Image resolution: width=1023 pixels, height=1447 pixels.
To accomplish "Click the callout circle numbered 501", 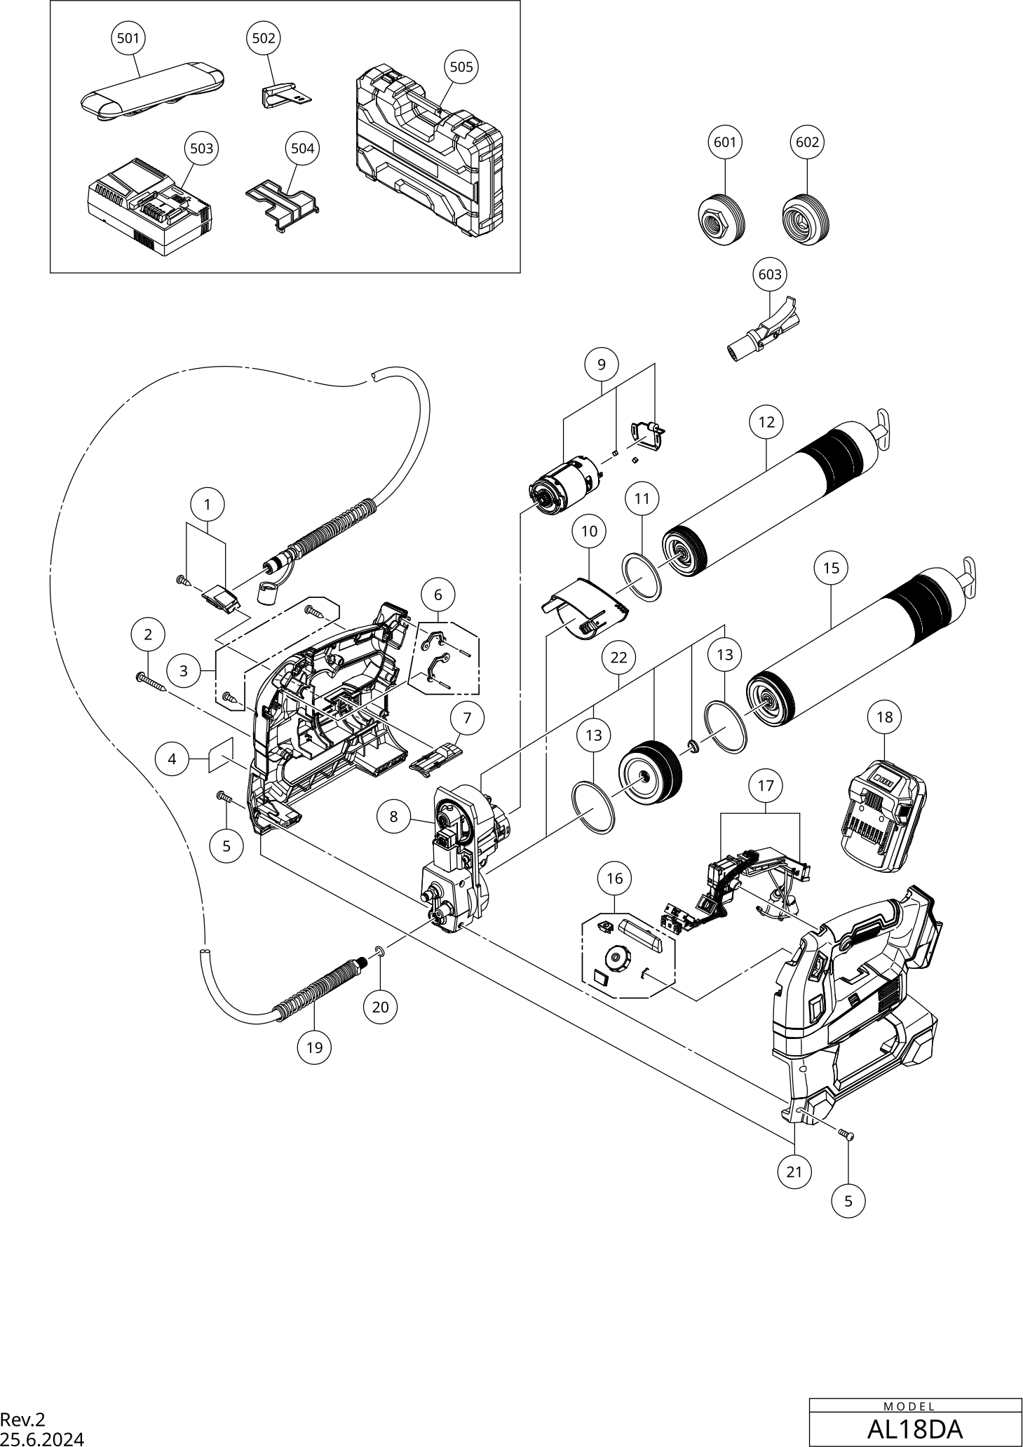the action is tap(128, 39).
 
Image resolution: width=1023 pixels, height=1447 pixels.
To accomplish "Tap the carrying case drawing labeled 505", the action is tap(429, 150).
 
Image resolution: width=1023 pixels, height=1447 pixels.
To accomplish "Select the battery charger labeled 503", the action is tap(149, 208).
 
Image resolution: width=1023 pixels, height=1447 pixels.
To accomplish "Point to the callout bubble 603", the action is tap(770, 274).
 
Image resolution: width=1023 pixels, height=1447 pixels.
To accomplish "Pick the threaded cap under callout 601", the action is tap(721, 218).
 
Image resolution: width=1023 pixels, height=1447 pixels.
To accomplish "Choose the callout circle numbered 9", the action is tap(602, 365).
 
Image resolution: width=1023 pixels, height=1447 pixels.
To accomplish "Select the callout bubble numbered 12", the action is tap(766, 421).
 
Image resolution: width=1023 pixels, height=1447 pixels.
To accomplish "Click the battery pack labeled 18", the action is tap(883, 815).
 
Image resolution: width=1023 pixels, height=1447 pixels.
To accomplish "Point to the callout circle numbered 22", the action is tap(618, 658).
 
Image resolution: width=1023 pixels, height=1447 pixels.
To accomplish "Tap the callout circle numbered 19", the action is tap(314, 1047).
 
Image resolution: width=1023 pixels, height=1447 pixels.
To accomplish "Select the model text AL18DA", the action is tap(914, 1428).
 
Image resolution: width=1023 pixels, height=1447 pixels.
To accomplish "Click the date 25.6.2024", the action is tap(42, 1439).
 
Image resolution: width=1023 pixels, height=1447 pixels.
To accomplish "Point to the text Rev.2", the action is tap(22, 1420).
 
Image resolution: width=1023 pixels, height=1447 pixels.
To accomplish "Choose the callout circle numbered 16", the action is tap(614, 878).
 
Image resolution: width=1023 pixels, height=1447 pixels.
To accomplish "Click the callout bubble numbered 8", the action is tap(393, 816).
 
